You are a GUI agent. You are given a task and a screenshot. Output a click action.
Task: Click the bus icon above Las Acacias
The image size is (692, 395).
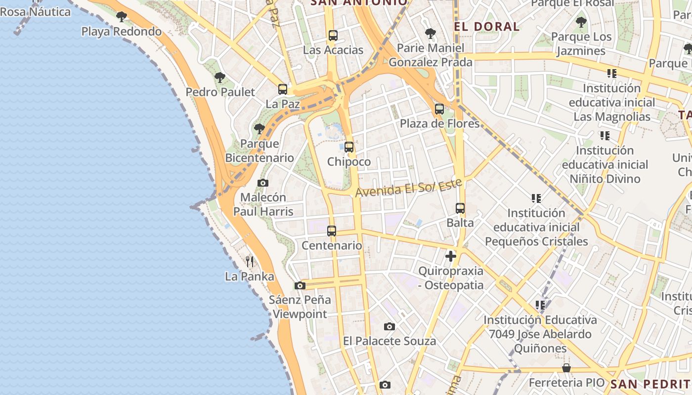click(333, 36)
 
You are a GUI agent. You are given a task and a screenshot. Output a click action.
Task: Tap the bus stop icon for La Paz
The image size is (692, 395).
click(283, 89)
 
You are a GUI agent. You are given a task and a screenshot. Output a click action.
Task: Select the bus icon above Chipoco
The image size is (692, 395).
click(349, 147)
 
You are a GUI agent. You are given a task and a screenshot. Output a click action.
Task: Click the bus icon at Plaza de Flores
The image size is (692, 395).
click(439, 109)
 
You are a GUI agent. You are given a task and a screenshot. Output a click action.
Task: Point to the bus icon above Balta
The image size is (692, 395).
click(460, 208)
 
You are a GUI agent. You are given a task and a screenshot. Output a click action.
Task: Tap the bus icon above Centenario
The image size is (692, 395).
click(332, 231)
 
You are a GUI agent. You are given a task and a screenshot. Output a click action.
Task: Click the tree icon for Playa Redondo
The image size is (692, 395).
click(122, 17)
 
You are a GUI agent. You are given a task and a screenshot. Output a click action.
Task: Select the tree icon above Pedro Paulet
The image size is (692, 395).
click(220, 78)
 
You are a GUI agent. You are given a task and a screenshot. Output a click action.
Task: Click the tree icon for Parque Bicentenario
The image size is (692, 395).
click(259, 129)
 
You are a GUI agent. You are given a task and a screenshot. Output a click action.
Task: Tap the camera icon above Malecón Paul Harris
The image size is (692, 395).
click(263, 183)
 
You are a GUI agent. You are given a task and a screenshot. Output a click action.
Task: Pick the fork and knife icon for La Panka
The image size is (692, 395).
click(250, 262)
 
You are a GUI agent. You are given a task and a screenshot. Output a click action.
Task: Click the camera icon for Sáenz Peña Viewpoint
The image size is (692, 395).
click(300, 285)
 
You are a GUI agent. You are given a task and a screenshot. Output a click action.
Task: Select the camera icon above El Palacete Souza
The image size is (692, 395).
click(389, 326)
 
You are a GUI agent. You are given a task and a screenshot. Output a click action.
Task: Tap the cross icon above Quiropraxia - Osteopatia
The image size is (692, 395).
click(450, 256)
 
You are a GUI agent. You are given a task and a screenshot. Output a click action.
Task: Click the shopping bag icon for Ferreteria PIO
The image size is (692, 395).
click(566, 368)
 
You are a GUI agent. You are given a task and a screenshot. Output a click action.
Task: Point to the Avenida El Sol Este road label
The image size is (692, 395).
click(408, 188)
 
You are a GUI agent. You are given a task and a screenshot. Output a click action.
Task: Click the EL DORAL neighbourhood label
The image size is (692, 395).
click(486, 27)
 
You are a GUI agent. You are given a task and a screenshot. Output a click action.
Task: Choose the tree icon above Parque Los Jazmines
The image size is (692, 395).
click(581, 22)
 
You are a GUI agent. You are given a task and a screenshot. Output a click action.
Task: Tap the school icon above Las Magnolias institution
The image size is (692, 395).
click(612, 74)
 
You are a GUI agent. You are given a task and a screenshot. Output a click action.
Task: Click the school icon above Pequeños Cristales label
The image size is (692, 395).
click(536, 198)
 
